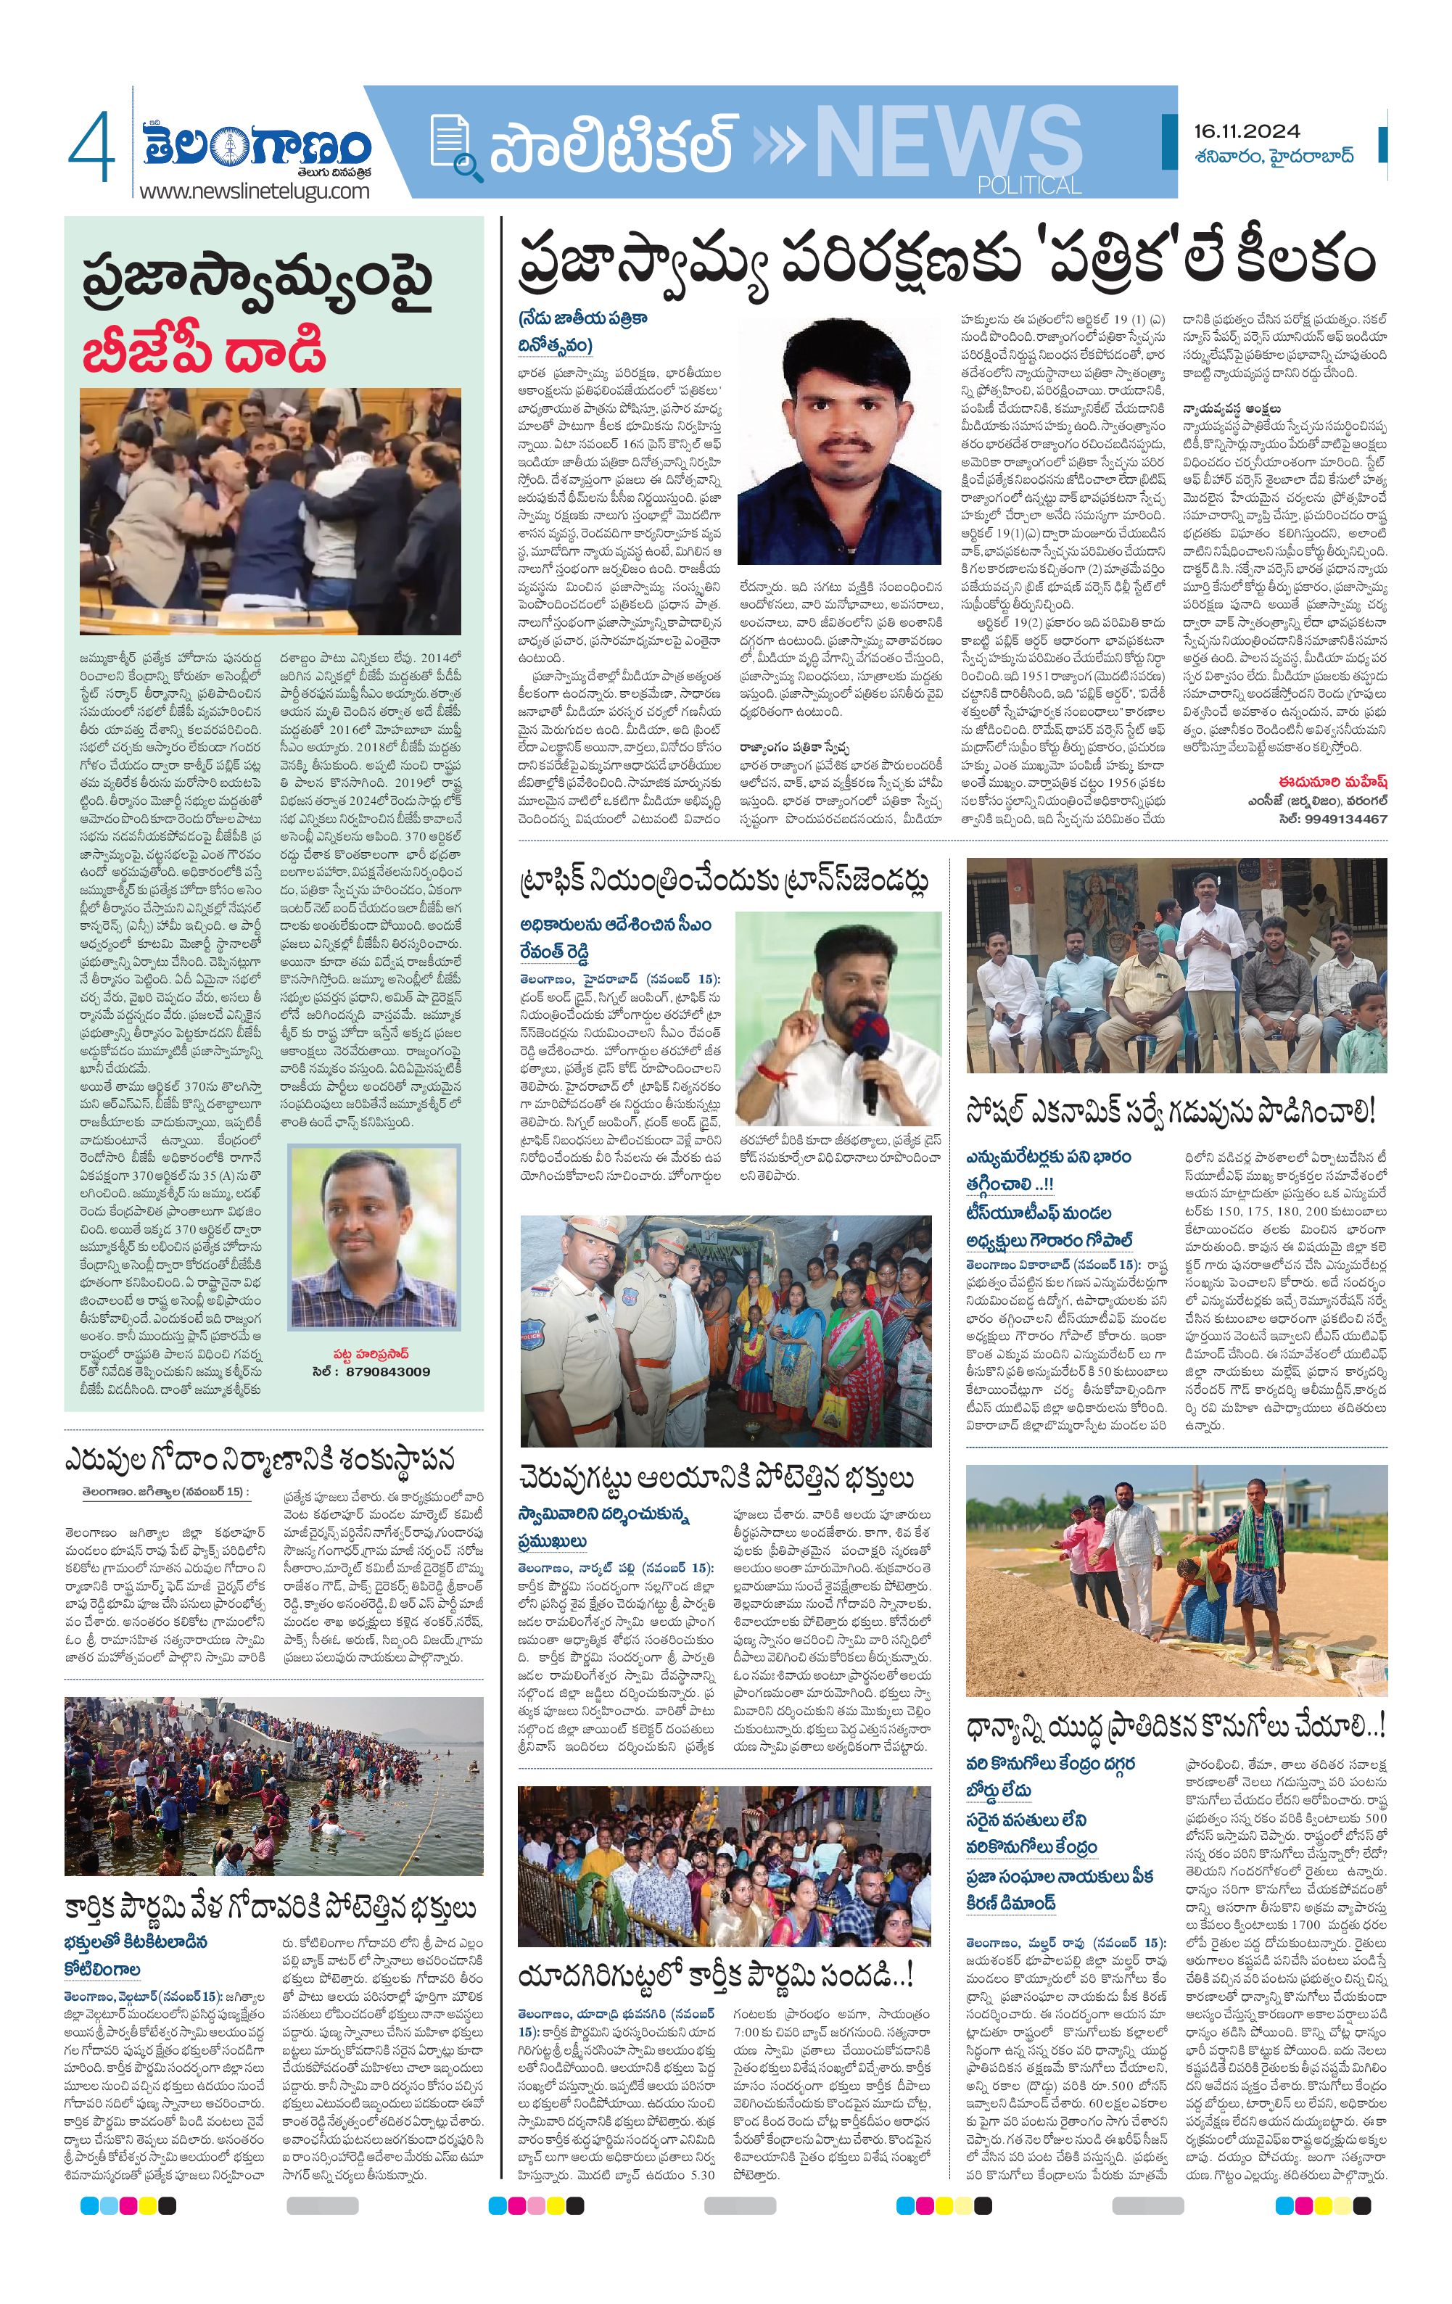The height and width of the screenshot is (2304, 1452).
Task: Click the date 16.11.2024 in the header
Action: coord(1246,131)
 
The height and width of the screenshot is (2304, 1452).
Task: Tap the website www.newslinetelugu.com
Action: coord(254,191)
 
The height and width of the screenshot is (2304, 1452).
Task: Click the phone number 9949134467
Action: coord(1347,818)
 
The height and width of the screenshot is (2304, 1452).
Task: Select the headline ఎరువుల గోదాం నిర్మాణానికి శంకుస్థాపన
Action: coord(258,1461)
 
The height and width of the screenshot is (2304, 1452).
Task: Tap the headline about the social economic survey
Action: coord(1171,1112)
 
